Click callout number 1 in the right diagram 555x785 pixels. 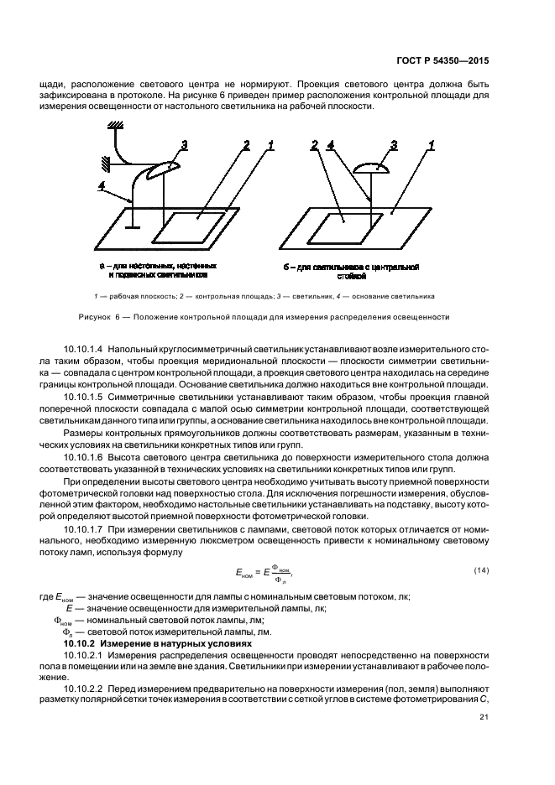coord(431,146)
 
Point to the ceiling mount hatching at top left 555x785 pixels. coord(117,126)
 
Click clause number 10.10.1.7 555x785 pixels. coord(83,531)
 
